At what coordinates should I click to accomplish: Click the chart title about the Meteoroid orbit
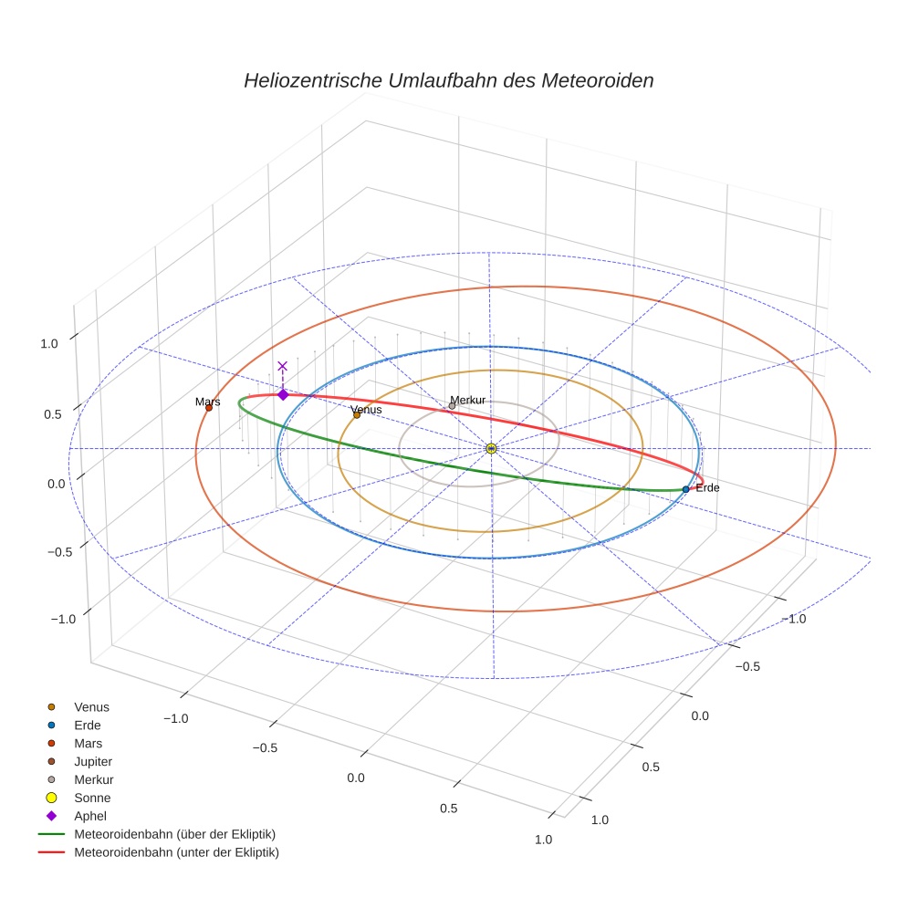pos(448,80)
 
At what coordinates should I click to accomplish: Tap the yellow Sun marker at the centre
pos(491,448)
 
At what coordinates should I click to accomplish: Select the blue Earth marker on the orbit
pos(685,489)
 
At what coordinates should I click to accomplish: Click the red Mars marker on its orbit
pos(209,408)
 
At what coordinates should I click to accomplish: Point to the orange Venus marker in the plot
pos(357,415)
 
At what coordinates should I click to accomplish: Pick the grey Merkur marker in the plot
pos(452,406)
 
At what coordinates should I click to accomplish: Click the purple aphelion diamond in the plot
pos(283,394)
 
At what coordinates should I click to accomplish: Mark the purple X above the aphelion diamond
pos(282,366)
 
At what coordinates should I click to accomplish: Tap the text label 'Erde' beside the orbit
pos(707,488)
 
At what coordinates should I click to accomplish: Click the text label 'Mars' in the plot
pos(207,402)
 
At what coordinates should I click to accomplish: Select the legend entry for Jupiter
pos(93,761)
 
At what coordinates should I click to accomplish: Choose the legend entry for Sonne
pos(92,798)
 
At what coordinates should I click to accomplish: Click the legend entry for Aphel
pos(90,816)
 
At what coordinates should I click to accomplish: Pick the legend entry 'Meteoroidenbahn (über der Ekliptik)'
pos(174,834)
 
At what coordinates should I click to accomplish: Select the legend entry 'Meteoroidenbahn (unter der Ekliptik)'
pos(176,852)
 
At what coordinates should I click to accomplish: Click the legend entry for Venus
pos(91,706)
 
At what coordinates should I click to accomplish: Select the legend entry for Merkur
pos(94,779)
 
